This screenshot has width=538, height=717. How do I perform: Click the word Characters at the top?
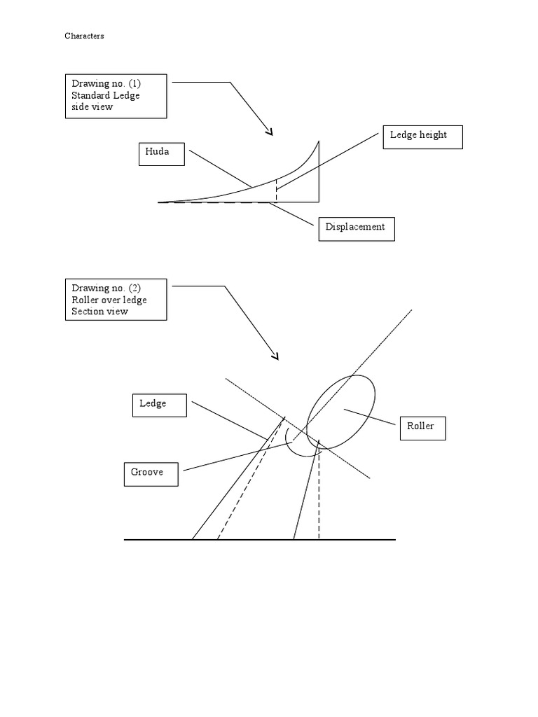84,36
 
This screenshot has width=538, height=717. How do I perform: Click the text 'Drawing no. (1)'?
106,84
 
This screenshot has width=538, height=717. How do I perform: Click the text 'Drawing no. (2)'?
106,288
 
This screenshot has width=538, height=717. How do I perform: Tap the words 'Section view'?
99,312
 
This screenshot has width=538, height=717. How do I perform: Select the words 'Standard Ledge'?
105,95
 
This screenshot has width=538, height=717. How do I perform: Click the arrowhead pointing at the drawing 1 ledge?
269,131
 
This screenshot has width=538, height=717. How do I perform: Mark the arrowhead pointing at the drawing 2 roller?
275,356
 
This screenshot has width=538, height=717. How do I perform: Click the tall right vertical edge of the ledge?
319,175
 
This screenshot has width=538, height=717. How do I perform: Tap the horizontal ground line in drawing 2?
259,540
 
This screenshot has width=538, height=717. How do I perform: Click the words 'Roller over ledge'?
109,300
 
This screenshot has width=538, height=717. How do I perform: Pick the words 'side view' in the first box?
92,107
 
